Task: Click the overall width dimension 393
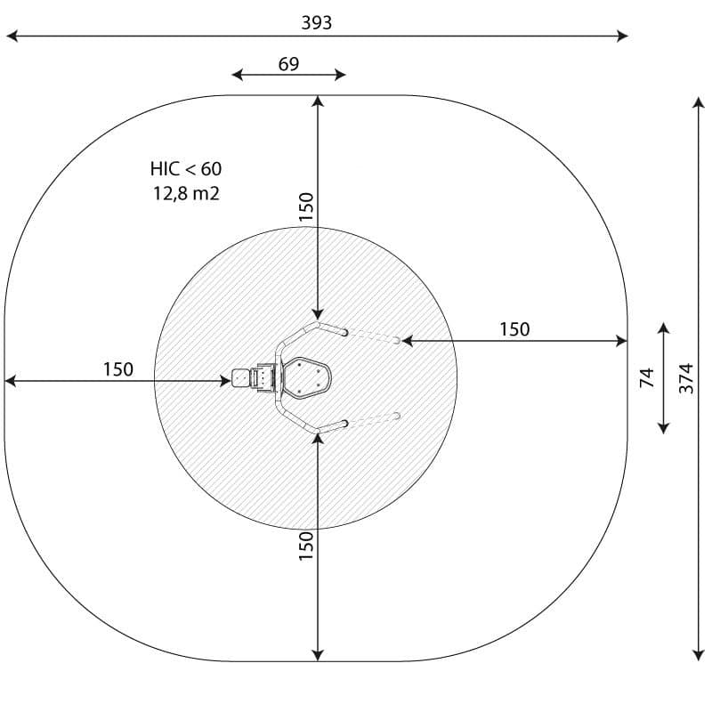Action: [317, 23]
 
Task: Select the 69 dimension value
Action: [288, 64]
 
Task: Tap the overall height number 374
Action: [686, 378]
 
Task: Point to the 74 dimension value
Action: [647, 377]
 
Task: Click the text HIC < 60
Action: [186, 169]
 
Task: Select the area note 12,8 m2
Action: [186, 193]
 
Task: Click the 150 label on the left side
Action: [118, 369]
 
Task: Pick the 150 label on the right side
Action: [514, 329]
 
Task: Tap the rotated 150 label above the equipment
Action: [306, 206]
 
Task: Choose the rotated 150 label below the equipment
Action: [306, 546]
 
